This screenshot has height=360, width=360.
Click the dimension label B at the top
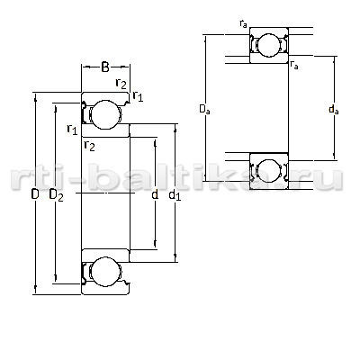tap(105, 67)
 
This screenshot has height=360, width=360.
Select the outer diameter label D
tap(35, 194)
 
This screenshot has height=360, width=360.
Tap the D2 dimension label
tap(56, 195)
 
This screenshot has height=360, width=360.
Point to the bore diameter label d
tap(155, 194)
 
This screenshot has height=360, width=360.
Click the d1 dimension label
tap(175, 195)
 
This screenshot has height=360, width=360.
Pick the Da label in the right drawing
tap(205, 109)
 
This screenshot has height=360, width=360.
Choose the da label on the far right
tap(334, 109)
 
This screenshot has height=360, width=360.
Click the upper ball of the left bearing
tap(105, 115)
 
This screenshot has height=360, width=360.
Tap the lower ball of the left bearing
tap(105, 272)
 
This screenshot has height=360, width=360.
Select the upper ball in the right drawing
tap(268, 45)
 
